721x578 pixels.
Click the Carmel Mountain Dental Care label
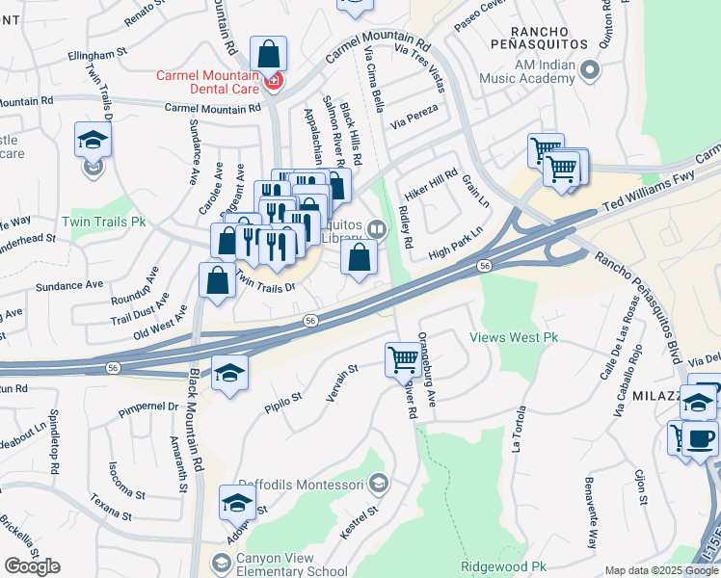click(x=210, y=82)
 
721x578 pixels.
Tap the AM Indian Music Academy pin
click(x=592, y=70)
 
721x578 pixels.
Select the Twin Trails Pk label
click(x=104, y=222)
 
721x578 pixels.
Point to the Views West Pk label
click(x=514, y=338)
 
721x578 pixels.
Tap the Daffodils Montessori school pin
click(x=379, y=483)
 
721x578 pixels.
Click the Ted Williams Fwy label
click(x=649, y=193)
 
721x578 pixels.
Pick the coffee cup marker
click(x=700, y=440)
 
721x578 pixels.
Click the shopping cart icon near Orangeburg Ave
click(x=403, y=361)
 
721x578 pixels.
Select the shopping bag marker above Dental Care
click(x=268, y=54)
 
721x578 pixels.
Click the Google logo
click(x=32, y=566)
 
